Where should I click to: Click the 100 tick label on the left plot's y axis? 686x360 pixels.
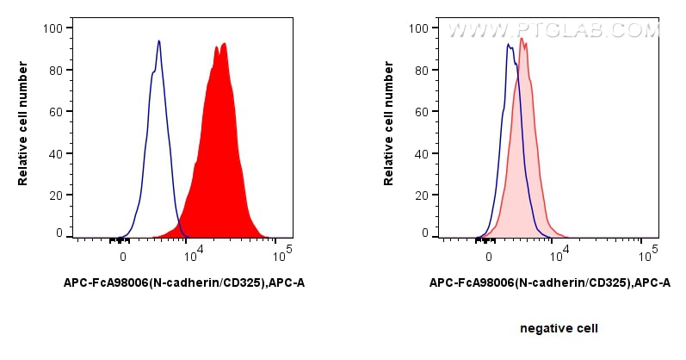[x=53, y=28]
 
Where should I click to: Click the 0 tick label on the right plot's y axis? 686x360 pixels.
[x=425, y=233]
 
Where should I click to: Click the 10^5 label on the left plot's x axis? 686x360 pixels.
[x=281, y=255]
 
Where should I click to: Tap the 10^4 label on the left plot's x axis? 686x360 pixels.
[x=192, y=255]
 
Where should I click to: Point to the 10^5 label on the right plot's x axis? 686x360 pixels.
[x=646, y=255]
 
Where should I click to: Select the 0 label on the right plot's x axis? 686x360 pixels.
[x=489, y=256]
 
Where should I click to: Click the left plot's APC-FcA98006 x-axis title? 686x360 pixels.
[x=184, y=282]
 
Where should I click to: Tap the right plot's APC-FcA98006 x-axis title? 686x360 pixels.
[x=549, y=282]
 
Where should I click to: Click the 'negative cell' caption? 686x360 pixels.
[x=559, y=328]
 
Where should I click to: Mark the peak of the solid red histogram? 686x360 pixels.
[x=224, y=44]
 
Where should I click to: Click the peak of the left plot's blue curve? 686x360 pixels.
[x=159, y=40]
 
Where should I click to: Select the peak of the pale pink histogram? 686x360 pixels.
[x=522, y=38]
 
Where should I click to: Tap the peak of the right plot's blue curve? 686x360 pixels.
[x=509, y=44]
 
